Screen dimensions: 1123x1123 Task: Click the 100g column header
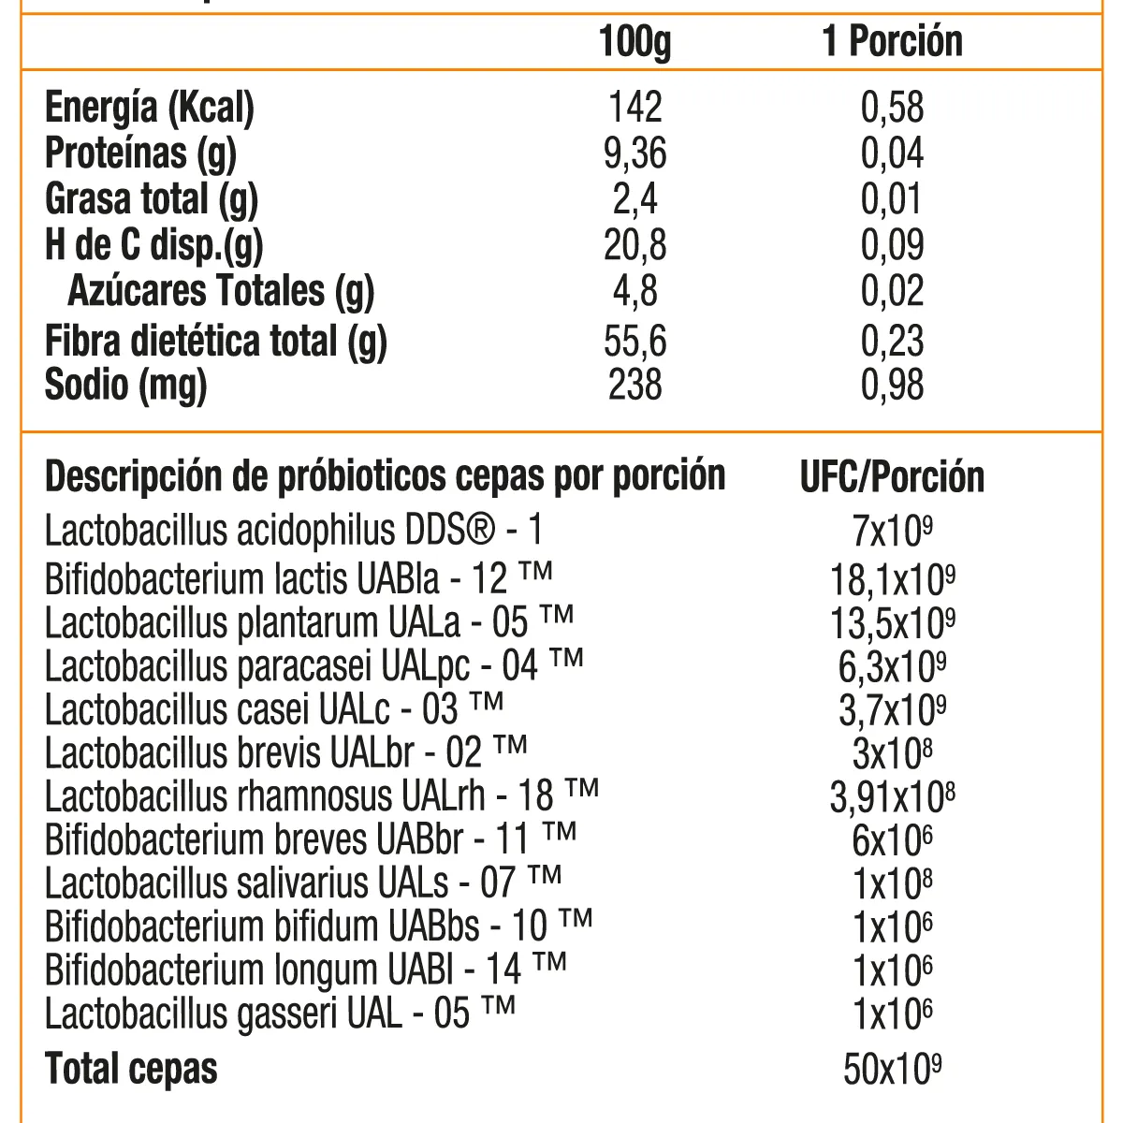[635, 42]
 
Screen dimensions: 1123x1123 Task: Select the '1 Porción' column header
[892, 42]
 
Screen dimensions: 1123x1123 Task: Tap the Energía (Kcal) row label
[150, 108]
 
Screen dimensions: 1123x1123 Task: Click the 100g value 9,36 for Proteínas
[635, 153]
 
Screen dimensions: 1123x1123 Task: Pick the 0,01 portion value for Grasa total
[892, 199]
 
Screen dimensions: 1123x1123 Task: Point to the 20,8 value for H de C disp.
[635, 245]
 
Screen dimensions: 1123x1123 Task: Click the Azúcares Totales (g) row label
[221, 291]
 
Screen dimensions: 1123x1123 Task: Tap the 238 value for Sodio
[635, 385]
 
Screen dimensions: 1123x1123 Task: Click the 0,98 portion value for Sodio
[892, 385]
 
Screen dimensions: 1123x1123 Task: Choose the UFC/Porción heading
[892, 477]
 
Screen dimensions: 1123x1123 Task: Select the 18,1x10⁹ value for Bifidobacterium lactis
[892, 580]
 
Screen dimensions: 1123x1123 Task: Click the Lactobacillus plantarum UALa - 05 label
[309, 622]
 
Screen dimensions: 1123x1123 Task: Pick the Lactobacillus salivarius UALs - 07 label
[303, 882]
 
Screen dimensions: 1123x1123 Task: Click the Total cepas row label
[131, 1069]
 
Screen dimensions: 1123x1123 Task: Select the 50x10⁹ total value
[892, 1069]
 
